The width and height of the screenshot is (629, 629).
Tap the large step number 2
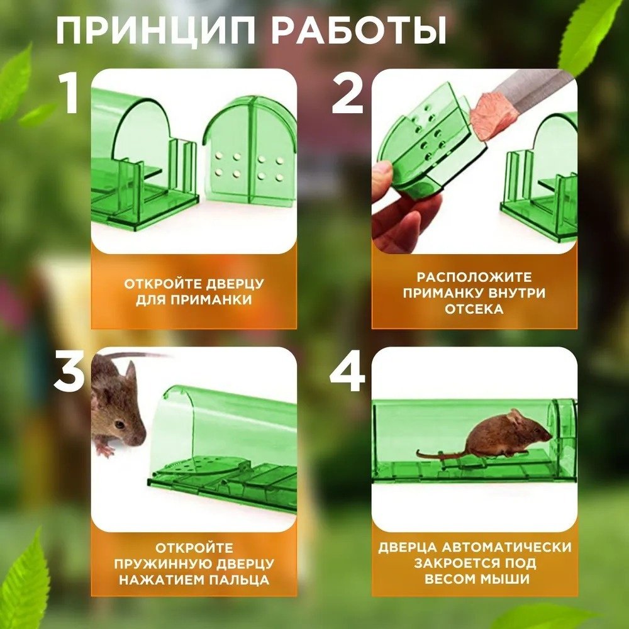[x=348, y=94]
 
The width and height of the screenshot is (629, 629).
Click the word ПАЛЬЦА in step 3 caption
[x=240, y=580]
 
